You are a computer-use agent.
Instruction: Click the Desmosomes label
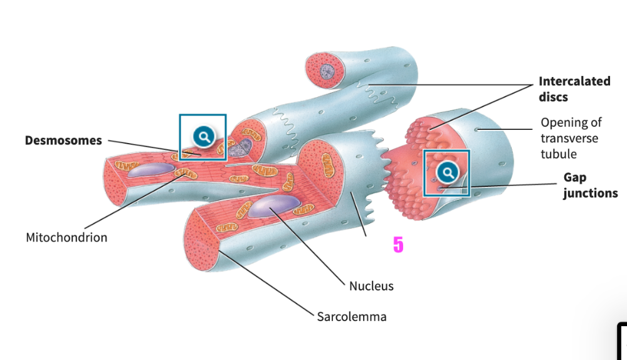pyautogui.click(x=63, y=140)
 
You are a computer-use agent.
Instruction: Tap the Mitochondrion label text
pyautogui.click(x=66, y=238)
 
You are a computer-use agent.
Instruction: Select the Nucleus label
pyautogui.click(x=371, y=286)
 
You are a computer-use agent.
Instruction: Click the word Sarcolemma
pyautogui.click(x=351, y=317)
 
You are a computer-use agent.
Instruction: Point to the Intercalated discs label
pyautogui.click(x=574, y=89)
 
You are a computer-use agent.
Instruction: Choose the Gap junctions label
pyautogui.click(x=590, y=186)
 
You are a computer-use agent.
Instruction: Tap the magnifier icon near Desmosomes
pyautogui.click(x=203, y=135)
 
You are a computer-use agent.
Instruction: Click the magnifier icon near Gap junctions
pyautogui.click(x=447, y=172)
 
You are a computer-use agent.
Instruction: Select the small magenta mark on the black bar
pyautogui.click(x=398, y=246)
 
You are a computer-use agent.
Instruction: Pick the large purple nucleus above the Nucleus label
pyautogui.click(x=274, y=206)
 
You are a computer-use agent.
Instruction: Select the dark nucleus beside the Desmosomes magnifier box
pyautogui.click(x=239, y=148)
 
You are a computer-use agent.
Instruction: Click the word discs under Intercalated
pyautogui.click(x=553, y=97)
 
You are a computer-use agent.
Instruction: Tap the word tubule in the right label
pyautogui.click(x=559, y=154)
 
